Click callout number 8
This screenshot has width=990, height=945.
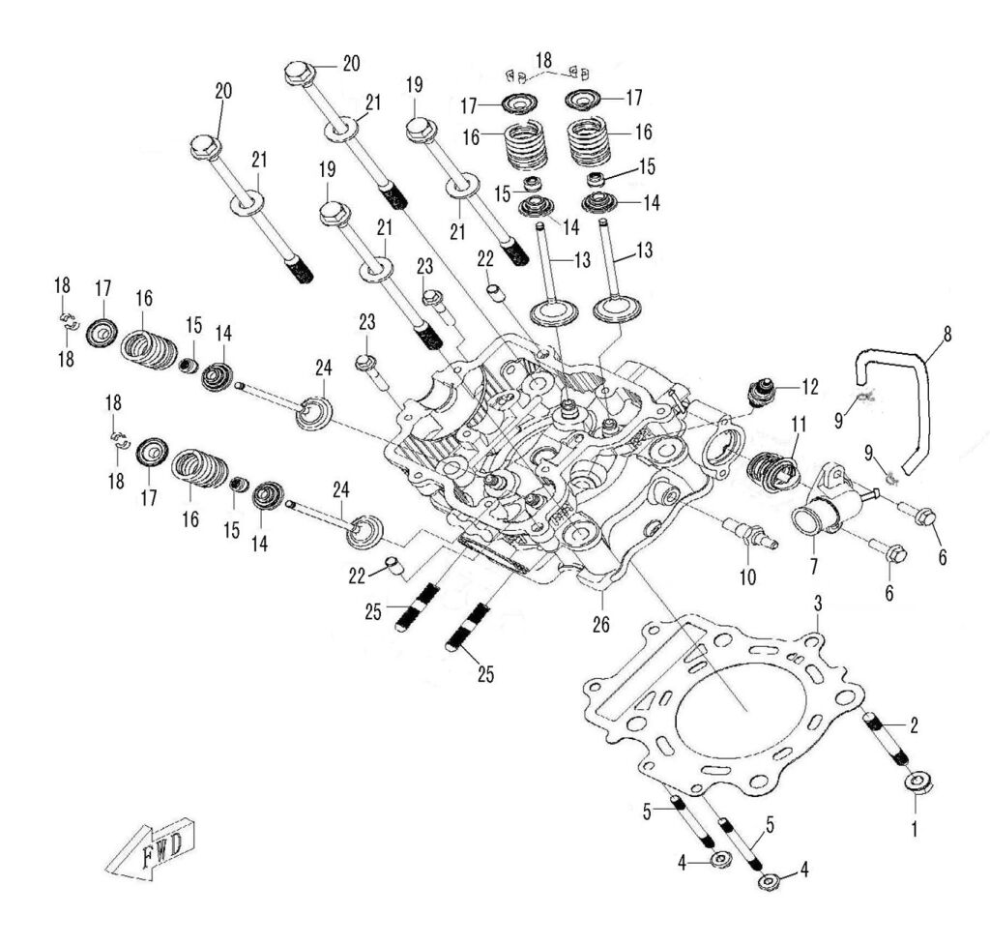(x=946, y=337)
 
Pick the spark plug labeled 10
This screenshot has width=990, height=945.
(x=749, y=532)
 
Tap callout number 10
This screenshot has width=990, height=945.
(x=746, y=578)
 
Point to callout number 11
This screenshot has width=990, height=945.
(x=799, y=425)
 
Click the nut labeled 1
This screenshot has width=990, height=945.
(x=917, y=783)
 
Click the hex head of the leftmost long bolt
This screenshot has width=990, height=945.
(x=204, y=147)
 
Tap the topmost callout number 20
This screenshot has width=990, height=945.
(x=350, y=63)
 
